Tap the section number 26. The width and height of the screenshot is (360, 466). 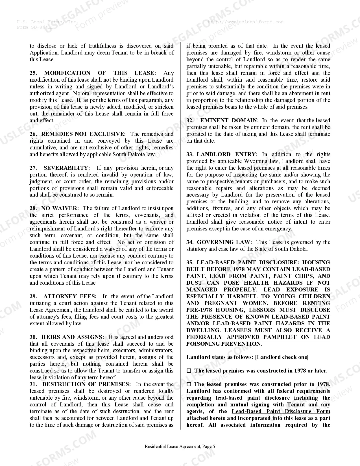click(33, 134)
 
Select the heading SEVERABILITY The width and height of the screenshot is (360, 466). click(67, 168)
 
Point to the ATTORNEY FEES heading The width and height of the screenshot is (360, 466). click(70, 297)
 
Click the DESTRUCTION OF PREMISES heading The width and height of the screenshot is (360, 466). click(86, 384)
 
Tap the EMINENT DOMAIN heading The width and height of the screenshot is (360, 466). click(229, 121)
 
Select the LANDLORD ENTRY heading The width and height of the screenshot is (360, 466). click(227, 154)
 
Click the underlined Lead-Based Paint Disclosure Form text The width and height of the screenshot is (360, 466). click(281, 411)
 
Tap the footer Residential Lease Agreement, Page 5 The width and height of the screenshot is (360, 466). click(180, 447)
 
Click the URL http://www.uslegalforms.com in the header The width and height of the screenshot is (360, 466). click(245, 22)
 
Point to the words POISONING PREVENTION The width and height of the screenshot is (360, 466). click(224, 344)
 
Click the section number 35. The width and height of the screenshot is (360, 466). click(190, 263)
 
